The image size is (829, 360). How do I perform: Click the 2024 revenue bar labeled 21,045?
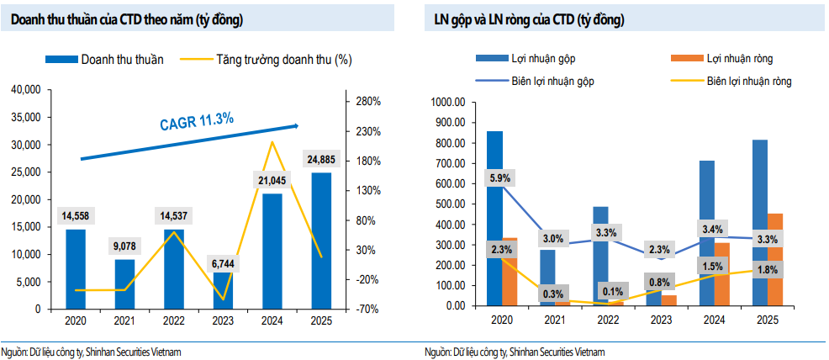tap(272, 252)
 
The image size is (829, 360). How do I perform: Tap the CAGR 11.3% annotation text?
tap(196, 121)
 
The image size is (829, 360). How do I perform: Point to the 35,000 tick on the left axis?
tap(29, 118)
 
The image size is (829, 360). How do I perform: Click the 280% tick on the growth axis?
tap(369, 101)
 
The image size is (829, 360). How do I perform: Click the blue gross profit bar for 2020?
tap(494, 219)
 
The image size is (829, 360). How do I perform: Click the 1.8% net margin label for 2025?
tap(768, 269)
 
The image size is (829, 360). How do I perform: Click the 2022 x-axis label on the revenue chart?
tap(173, 320)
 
